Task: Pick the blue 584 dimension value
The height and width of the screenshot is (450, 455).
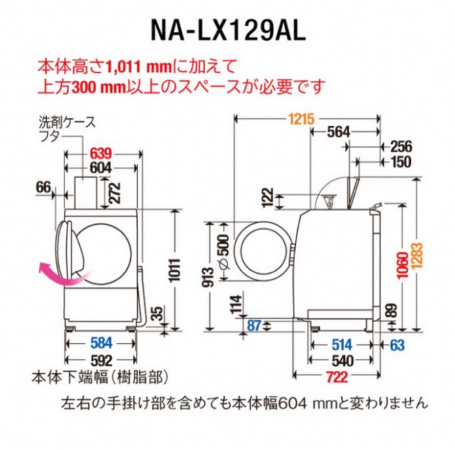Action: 102,343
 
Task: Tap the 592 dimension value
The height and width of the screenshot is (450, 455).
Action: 102,360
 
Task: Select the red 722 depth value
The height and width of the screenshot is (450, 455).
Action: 337,376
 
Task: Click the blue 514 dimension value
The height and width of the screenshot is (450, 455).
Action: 341,345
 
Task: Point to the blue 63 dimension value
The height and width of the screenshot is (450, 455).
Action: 397,345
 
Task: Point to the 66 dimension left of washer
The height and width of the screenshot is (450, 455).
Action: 43,187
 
